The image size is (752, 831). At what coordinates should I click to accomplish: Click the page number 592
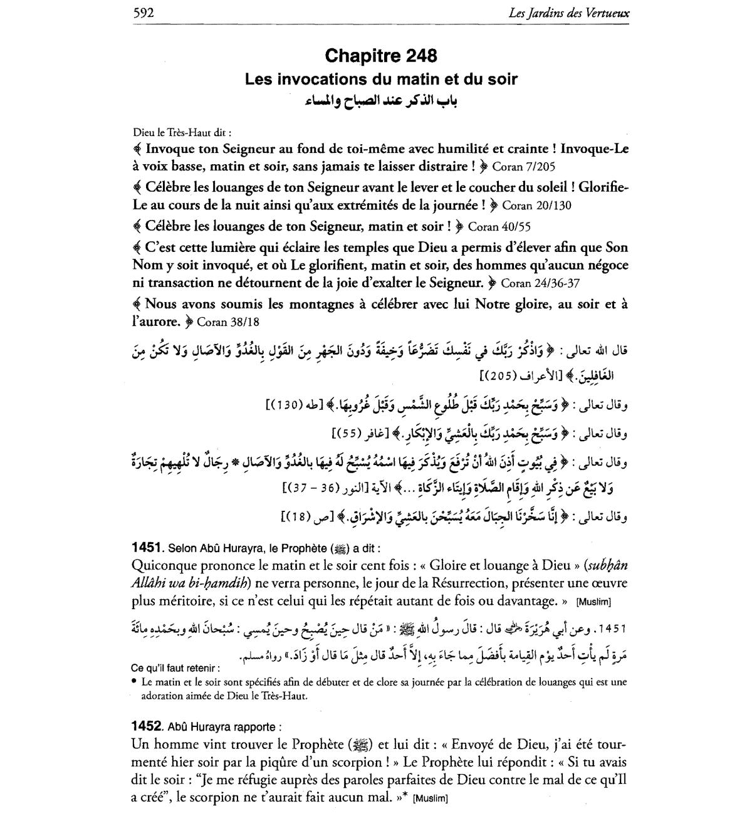tap(144, 12)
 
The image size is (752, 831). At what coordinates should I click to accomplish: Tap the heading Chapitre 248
tap(381, 56)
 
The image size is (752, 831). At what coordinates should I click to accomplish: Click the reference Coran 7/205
tap(524, 167)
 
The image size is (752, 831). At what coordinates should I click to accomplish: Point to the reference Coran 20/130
tap(537, 206)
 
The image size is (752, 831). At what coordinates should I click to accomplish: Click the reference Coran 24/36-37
tap(540, 283)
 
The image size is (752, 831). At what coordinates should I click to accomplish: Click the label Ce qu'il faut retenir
tap(176, 668)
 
